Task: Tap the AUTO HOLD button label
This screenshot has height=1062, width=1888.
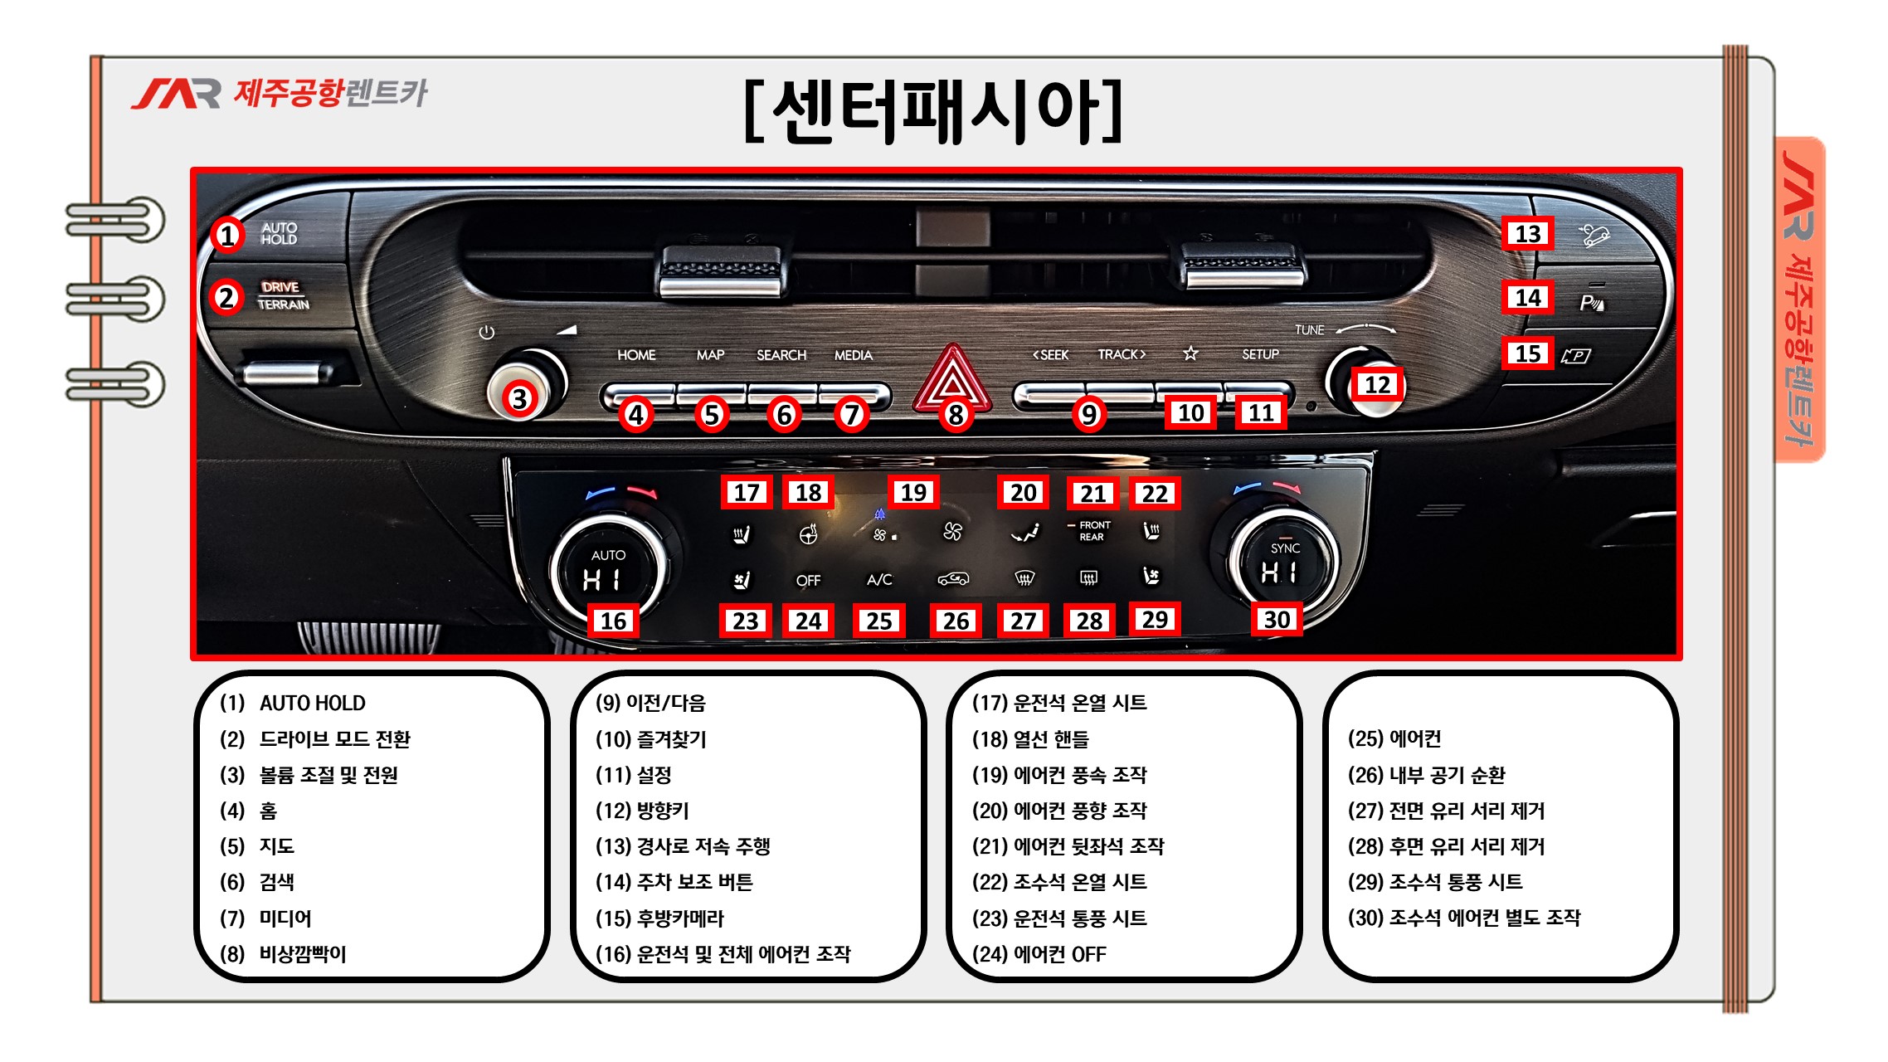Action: (x=279, y=233)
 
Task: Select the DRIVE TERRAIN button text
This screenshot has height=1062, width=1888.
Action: (x=283, y=295)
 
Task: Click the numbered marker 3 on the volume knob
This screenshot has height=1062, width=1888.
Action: (x=519, y=399)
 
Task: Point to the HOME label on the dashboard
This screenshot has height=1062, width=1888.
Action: (x=636, y=355)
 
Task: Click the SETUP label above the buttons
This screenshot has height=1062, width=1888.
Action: (x=1260, y=354)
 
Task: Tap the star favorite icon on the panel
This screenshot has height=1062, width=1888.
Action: (x=1190, y=353)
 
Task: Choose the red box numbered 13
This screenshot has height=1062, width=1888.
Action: (x=1528, y=234)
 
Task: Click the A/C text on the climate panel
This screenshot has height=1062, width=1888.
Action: (x=879, y=580)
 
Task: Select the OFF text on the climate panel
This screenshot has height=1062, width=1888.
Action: (x=808, y=581)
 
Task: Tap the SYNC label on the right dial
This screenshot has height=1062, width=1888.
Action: (x=1285, y=548)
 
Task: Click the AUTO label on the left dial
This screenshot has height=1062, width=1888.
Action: (x=608, y=555)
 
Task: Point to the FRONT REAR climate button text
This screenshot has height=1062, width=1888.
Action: (x=1093, y=531)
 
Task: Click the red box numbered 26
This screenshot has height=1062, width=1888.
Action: (x=956, y=621)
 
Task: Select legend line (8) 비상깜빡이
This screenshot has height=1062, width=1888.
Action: (x=283, y=954)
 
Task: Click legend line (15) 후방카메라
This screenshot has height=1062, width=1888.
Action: (x=659, y=918)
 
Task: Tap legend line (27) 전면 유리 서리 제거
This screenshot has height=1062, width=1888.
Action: (x=1446, y=811)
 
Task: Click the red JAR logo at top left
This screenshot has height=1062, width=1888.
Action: (x=176, y=94)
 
